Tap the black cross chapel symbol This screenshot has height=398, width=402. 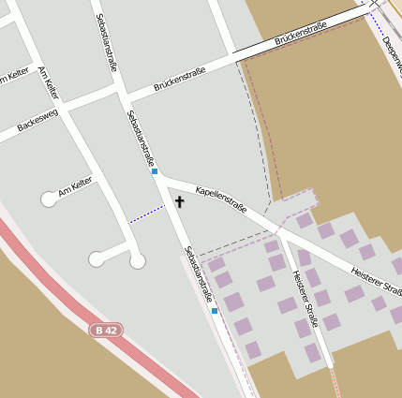click(x=179, y=201)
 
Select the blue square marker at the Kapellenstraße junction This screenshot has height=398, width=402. click(x=155, y=171)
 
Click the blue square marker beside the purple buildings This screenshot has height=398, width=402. click(x=215, y=310)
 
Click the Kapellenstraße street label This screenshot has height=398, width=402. click(x=221, y=199)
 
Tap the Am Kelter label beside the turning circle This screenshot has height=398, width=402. click(x=75, y=186)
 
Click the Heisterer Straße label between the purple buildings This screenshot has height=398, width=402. click(x=306, y=297)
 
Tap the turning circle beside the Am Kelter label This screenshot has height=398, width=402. click(x=49, y=199)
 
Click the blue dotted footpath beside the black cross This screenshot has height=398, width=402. click(x=145, y=214)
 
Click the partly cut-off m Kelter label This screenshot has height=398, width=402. click(x=15, y=77)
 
